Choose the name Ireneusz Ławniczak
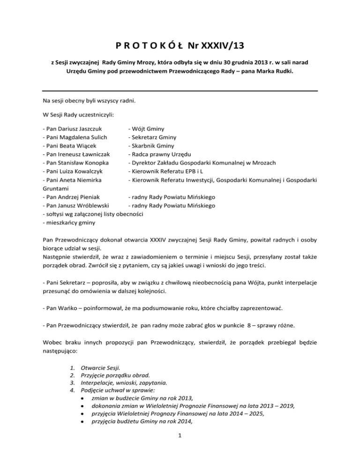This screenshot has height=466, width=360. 84,154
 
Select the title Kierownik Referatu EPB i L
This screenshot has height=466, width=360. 170,171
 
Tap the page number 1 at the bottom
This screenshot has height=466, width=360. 180,447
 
